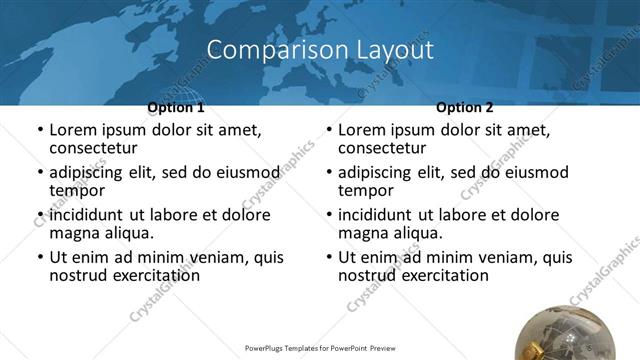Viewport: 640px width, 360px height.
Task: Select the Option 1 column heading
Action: (x=176, y=107)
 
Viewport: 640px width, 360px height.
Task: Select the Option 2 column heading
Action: (x=465, y=107)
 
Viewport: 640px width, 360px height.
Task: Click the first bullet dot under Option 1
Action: (x=40, y=131)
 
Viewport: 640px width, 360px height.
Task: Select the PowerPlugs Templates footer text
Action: (x=320, y=349)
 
